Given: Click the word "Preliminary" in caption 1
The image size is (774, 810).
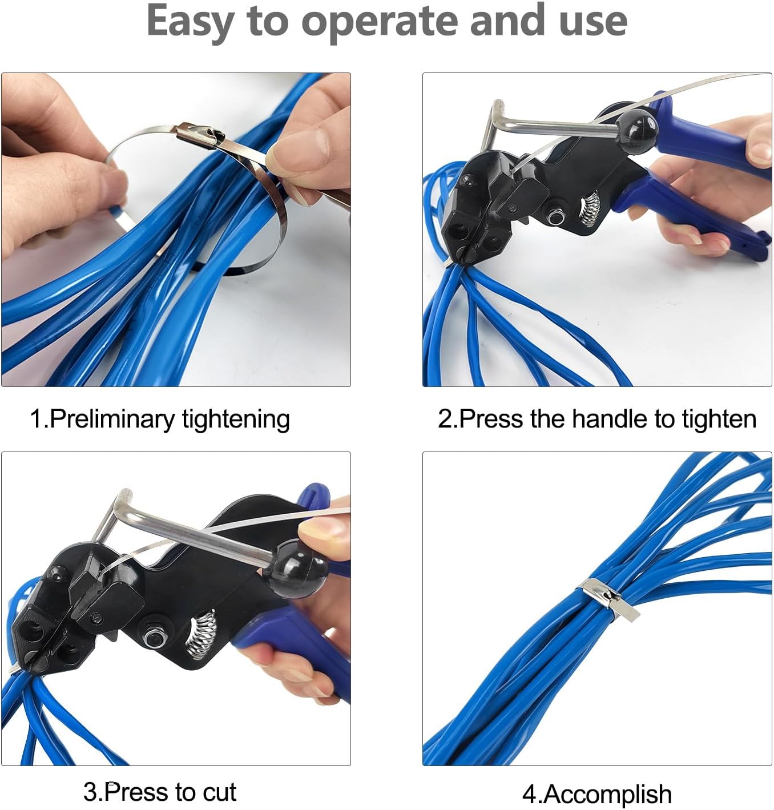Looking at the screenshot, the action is [x=112, y=419].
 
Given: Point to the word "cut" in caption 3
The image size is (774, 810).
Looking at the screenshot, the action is [x=219, y=792].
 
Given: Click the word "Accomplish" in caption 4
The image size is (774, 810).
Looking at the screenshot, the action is [x=607, y=794].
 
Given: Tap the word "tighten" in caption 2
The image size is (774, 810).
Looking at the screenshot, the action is [x=719, y=418].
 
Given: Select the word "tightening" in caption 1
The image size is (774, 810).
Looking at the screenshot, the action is [x=236, y=419].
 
